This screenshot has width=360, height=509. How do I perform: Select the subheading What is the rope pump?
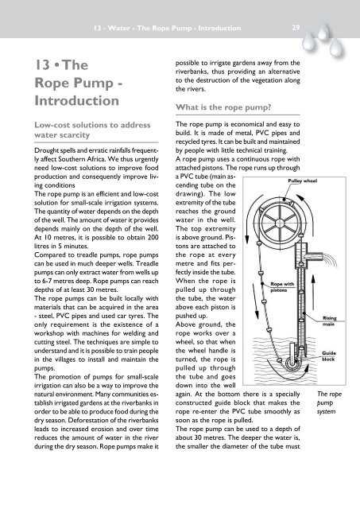coord(215,108)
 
